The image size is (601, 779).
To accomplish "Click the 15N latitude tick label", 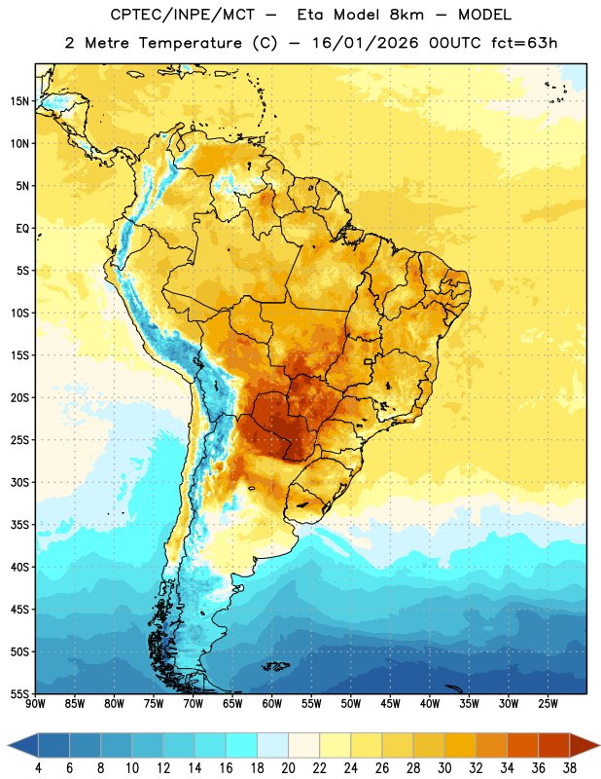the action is click(19, 101).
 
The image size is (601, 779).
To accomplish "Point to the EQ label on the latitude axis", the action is click(22, 229).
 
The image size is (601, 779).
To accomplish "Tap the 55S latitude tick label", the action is click(19, 693).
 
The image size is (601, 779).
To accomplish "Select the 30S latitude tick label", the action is click(19, 482).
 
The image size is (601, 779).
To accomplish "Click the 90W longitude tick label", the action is click(35, 704).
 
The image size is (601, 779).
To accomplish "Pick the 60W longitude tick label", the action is click(272, 704).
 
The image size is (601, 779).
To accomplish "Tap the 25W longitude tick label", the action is click(548, 704).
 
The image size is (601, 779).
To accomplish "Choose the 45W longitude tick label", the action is click(390, 704).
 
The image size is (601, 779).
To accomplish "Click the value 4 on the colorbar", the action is click(38, 768).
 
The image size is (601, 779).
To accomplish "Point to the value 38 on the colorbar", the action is click(570, 768).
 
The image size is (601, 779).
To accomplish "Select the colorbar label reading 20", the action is click(288, 768).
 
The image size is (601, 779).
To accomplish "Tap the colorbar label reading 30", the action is click(444, 768).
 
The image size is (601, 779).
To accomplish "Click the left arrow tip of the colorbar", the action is click(8, 745).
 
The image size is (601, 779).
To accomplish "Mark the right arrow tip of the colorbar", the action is click(599, 745).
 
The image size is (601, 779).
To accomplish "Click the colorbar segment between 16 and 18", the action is click(242, 745).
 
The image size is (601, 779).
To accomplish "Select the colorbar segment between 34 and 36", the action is click(522, 745).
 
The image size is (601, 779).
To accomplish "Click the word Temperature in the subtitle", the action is click(190, 44).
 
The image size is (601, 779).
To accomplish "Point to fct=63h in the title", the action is click(524, 43).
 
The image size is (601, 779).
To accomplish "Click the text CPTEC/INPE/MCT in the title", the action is click(183, 15).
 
